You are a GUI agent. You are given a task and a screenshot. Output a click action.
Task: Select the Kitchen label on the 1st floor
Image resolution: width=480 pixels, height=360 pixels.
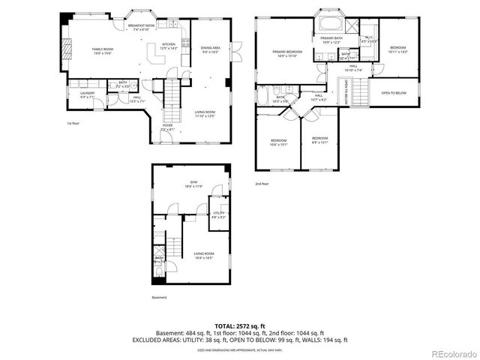point(169,46)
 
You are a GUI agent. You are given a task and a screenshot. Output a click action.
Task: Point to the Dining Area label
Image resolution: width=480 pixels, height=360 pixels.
point(209,50)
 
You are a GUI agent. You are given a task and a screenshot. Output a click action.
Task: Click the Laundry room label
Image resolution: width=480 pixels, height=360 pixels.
point(88,94)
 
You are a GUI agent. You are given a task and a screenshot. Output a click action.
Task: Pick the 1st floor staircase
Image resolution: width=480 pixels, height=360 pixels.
point(172,94)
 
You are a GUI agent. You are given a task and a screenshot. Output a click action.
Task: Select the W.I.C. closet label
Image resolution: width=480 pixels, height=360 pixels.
point(368,39)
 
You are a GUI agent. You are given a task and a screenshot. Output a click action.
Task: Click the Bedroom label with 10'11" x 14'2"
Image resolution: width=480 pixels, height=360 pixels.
point(397,49)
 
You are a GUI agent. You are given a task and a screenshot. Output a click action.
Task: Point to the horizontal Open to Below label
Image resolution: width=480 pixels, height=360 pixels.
point(394,93)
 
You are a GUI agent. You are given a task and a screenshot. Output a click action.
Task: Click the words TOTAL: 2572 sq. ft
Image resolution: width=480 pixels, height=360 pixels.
point(239,325)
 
